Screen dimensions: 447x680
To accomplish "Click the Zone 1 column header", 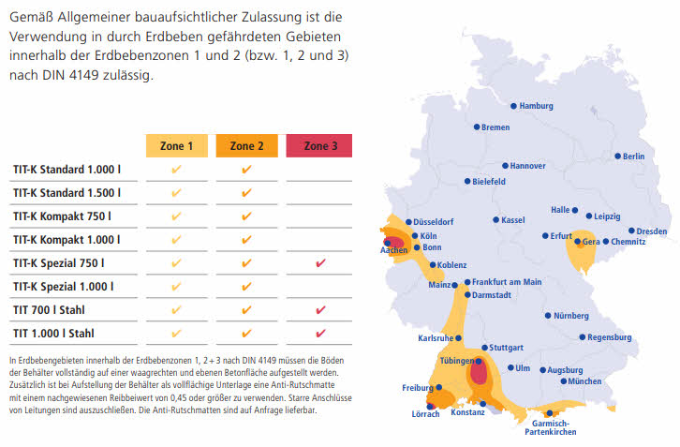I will pos(176,146).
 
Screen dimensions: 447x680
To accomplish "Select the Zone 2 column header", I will pos(247,146).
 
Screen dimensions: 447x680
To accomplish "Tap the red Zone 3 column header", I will pos(318,146).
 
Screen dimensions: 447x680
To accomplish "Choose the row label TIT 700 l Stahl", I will pos(55,309).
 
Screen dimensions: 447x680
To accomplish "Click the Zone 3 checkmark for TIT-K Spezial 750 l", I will pos(319,263).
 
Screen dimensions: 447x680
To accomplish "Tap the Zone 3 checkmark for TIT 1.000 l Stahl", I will pos(319,333).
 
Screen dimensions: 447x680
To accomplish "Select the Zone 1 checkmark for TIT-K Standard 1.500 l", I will pos(176,193).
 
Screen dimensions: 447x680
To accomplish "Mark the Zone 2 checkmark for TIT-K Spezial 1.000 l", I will pos(247,287).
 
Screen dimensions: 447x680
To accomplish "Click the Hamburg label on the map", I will pos(537,106).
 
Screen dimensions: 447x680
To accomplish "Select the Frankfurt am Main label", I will pos(507,282).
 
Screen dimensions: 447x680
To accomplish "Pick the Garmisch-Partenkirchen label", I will pos(550,426).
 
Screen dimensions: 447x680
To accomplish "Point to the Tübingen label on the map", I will pos(458,360).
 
